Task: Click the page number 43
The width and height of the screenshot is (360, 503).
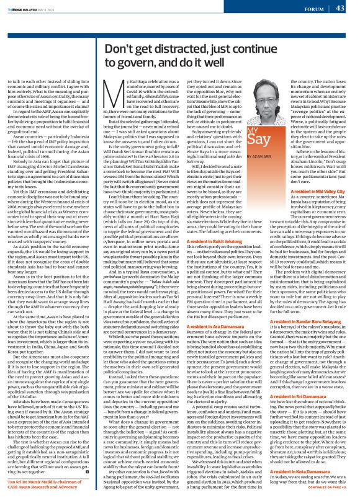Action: [340, 8]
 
